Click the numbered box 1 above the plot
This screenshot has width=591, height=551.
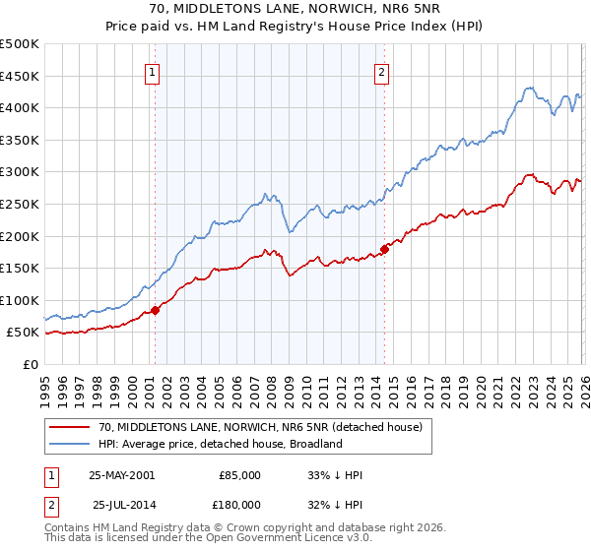pyautogui.click(x=154, y=71)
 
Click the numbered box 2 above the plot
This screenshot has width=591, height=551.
pyautogui.click(x=381, y=71)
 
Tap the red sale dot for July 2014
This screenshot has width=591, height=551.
pyautogui.click(x=384, y=249)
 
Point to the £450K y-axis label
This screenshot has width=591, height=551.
pyautogui.click(x=20, y=76)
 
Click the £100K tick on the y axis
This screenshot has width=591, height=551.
pyautogui.click(x=20, y=300)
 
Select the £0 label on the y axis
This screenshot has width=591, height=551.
pyautogui.click(x=30, y=364)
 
